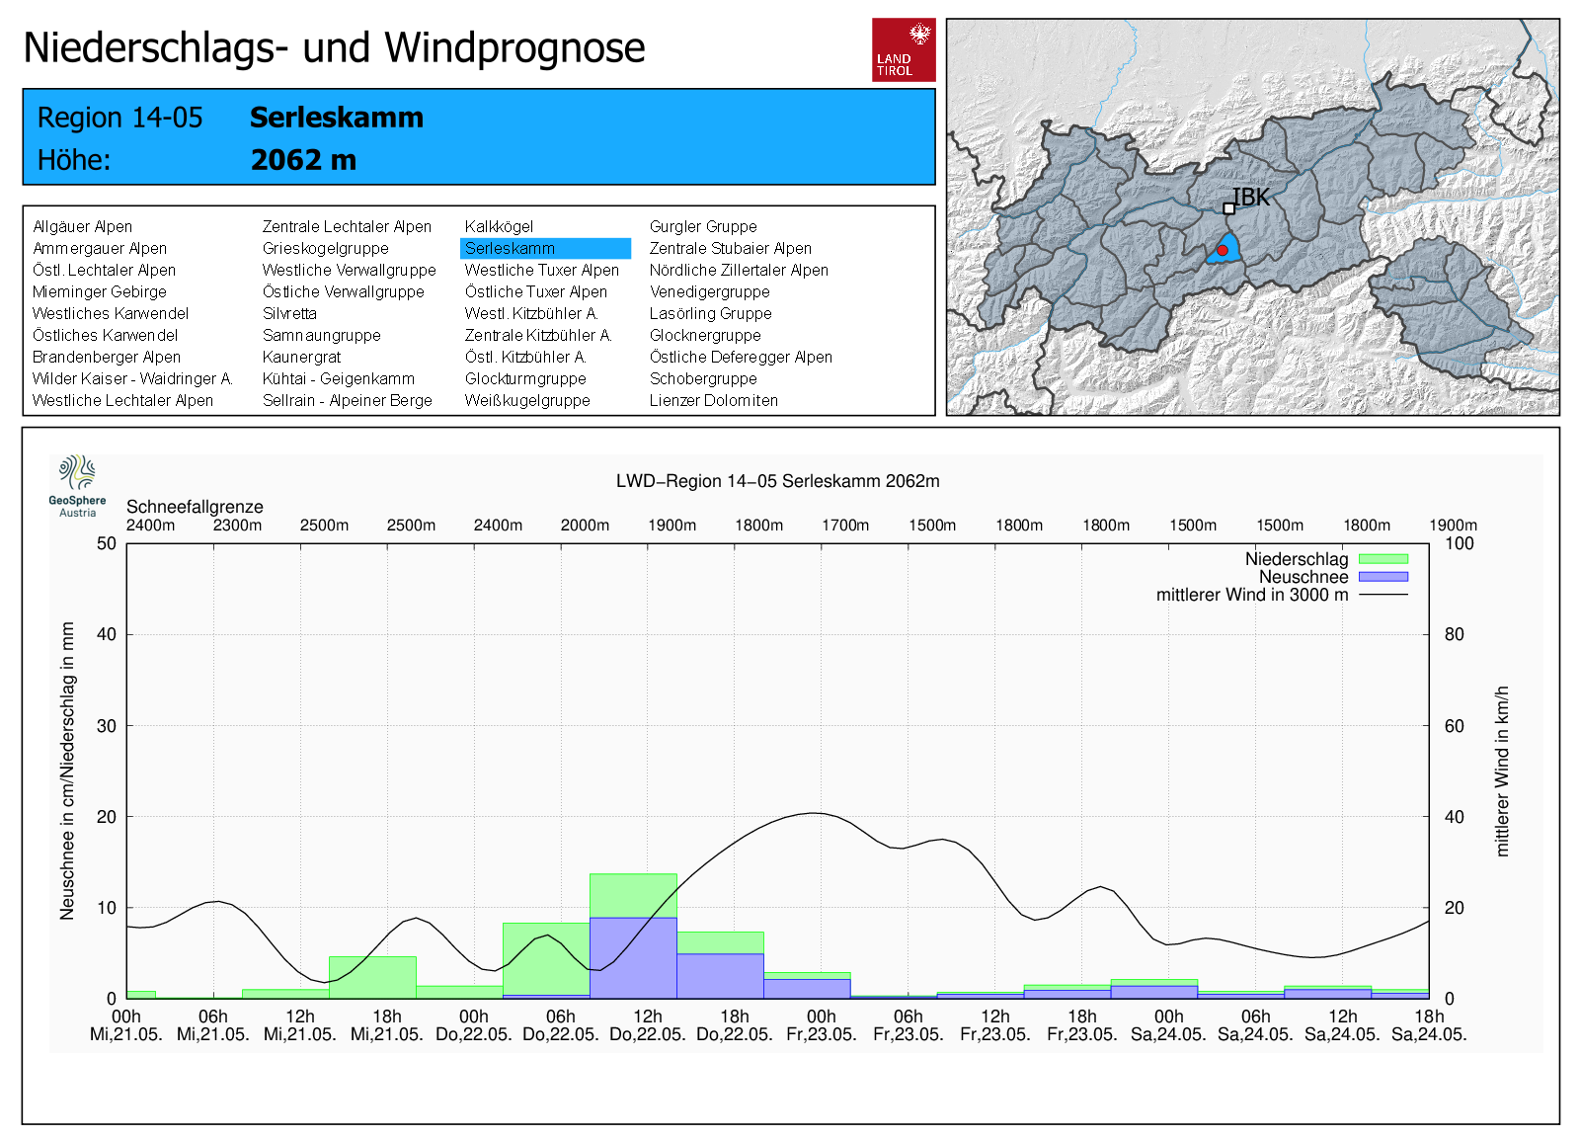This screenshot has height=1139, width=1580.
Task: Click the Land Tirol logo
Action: coord(903,49)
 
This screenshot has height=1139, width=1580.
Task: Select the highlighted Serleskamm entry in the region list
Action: coord(544,249)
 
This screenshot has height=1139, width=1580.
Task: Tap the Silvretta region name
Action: coord(289,314)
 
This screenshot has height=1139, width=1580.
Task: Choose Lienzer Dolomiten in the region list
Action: coord(713,401)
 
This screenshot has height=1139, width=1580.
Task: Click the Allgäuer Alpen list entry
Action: coord(82,227)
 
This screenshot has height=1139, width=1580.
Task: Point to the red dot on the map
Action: coord(1223,251)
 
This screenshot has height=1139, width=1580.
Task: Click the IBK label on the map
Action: coord(1251,198)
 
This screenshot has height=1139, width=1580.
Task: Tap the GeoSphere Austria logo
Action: coord(77,485)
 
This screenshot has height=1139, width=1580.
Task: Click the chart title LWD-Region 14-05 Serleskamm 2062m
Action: coord(777,481)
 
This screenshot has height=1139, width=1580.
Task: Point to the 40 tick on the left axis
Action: coord(106,634)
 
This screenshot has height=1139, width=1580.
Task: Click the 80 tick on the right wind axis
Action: coord(1454,634)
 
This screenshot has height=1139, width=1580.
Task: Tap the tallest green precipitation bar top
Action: coord(633,875)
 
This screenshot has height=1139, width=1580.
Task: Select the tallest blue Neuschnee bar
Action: coord(633,956)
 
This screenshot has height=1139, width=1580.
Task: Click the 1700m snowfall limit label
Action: coord(845,526)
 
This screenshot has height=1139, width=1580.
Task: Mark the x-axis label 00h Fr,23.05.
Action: coord(821,1025)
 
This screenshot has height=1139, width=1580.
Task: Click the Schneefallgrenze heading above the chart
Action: coord(195,507)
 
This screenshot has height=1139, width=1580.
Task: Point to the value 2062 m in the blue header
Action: coord(303,160)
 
